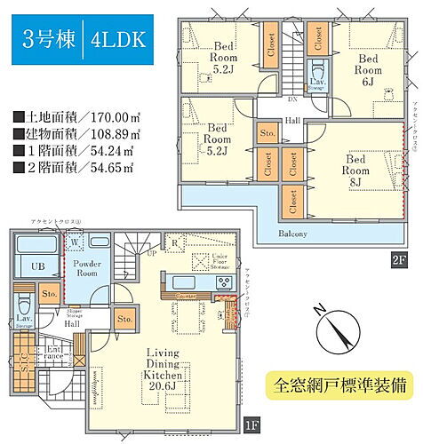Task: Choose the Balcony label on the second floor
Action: click(x=291, y=234)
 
